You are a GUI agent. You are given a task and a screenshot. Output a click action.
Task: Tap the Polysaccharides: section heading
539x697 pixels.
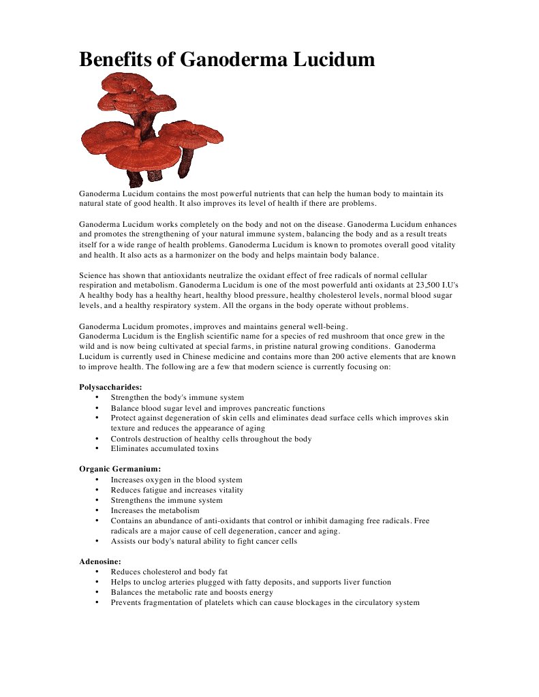[110, 387]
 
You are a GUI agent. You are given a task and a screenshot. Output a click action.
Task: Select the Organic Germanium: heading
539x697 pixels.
[120, 469]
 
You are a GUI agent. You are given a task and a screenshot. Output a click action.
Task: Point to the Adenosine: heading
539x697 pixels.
[100, 562]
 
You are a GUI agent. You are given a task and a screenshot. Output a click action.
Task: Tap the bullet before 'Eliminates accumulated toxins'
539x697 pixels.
[97, 449]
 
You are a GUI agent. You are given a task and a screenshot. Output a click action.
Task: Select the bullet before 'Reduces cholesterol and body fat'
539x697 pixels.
[97, 572]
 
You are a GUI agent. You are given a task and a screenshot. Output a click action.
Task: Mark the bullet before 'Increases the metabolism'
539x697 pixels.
[97, 510]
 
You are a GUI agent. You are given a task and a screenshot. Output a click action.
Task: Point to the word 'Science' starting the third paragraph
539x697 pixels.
[93, 275]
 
